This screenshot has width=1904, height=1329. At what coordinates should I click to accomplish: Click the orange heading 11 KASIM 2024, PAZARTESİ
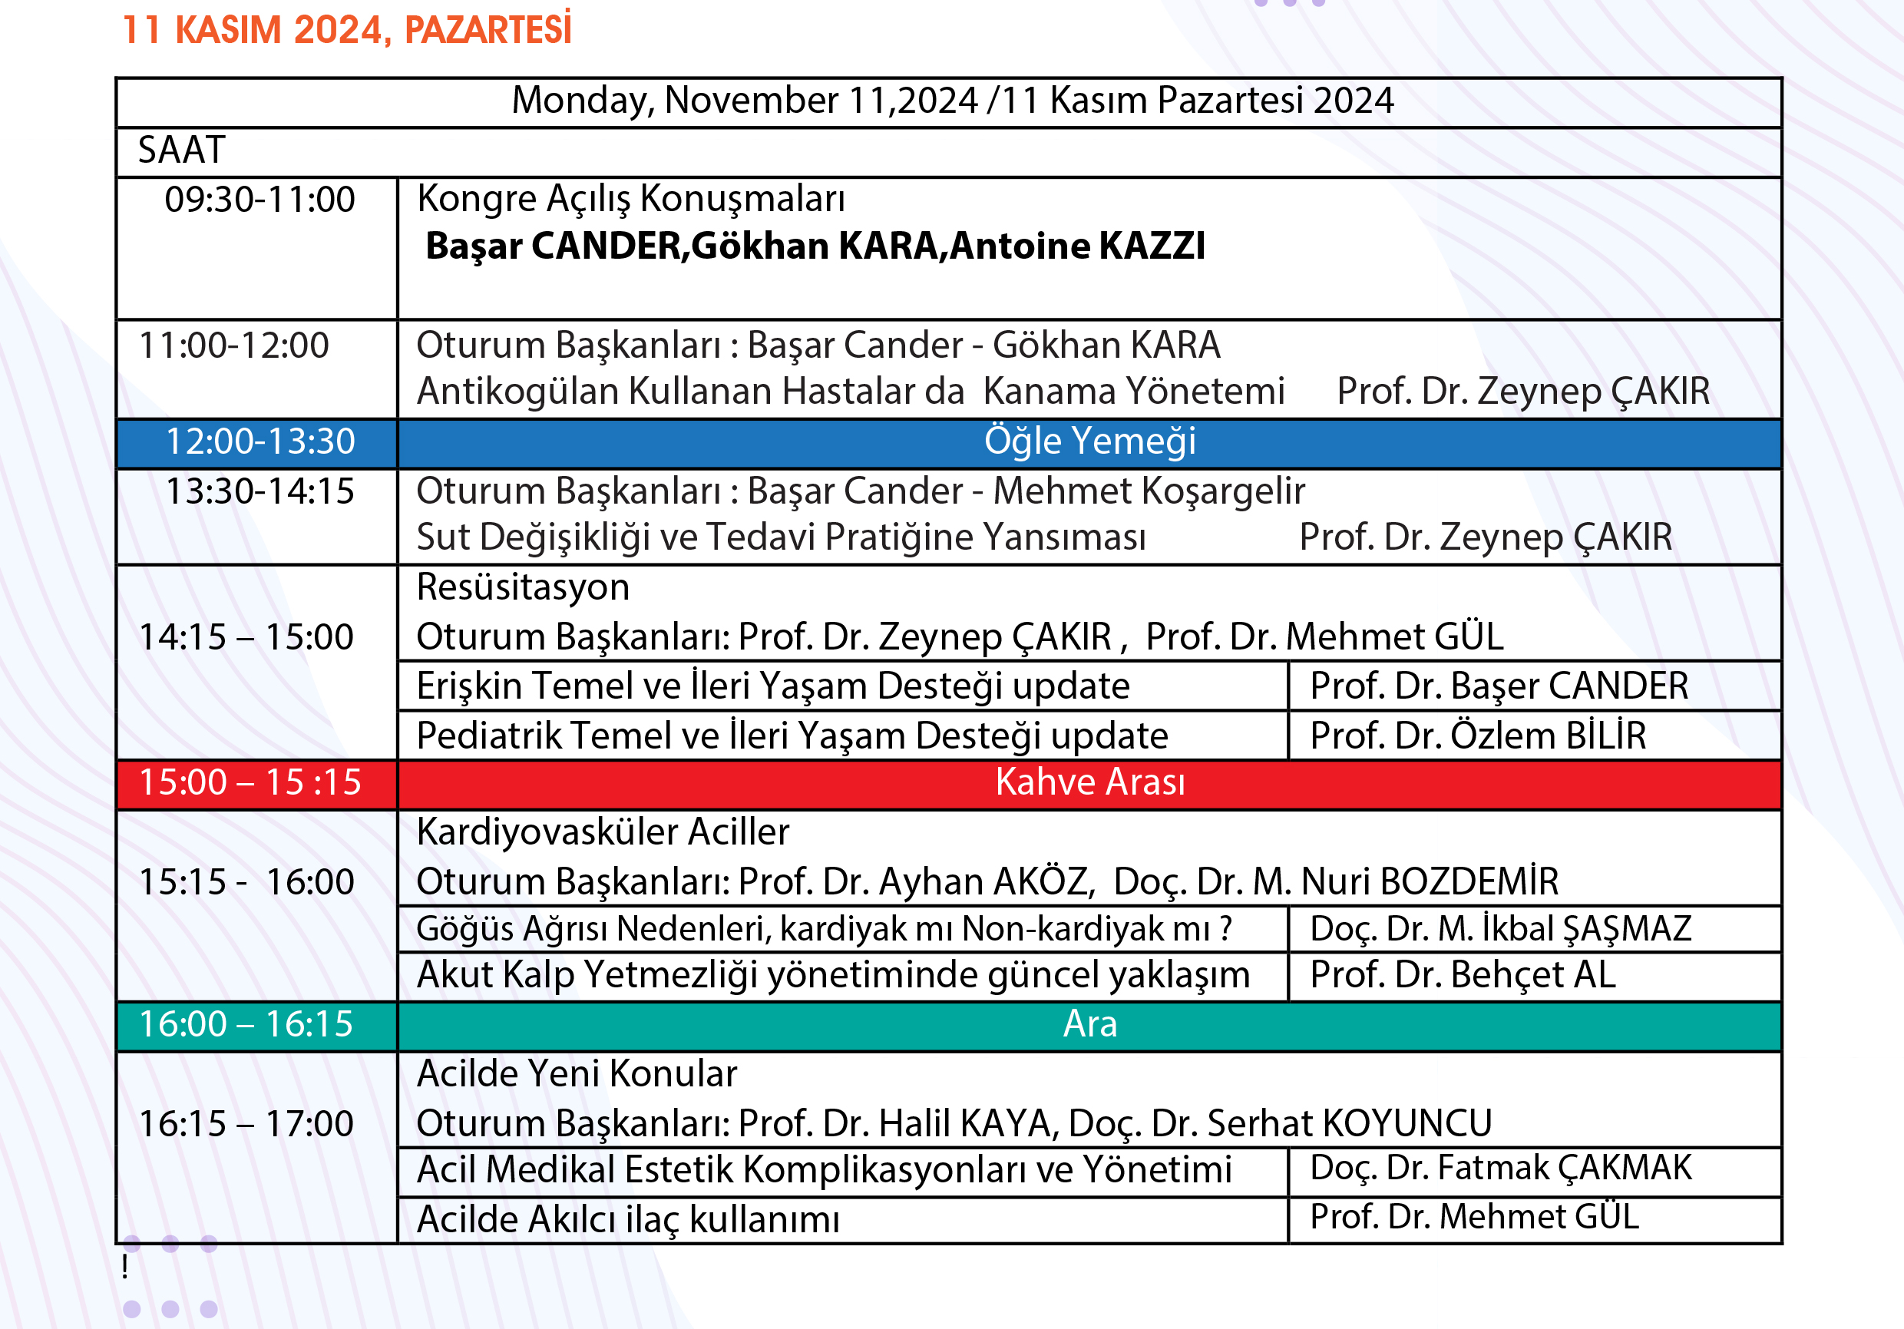pos(346,30)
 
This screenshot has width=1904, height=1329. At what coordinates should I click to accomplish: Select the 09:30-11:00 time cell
pos(259,200)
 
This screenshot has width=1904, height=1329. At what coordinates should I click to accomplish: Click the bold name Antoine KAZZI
pos(1077,246)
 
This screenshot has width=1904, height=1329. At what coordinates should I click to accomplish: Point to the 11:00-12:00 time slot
pos(234,345)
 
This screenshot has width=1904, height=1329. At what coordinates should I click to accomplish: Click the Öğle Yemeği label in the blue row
pos(1089,441)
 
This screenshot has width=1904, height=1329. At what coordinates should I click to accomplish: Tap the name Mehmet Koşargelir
pos(1149,491)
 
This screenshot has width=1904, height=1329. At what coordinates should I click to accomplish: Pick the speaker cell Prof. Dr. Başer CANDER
pos(1499,686)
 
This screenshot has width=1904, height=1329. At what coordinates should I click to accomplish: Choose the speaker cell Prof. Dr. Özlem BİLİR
pos(1478,736)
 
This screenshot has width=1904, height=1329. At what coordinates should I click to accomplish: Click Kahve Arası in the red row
pos(1089,782)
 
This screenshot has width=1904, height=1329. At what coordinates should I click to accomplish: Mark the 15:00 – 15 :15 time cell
pos(250,782)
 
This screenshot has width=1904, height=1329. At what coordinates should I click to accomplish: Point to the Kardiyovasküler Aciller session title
pos(603,832)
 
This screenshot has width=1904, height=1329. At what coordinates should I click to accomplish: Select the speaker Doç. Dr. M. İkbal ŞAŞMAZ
pos(1500,928)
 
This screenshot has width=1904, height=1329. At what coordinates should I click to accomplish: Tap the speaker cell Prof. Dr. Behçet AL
pos(1463,975)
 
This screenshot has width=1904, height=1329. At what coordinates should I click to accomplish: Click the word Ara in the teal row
pos(1089,1025)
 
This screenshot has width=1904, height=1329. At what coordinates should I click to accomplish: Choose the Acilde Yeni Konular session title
pos(577,1074)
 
